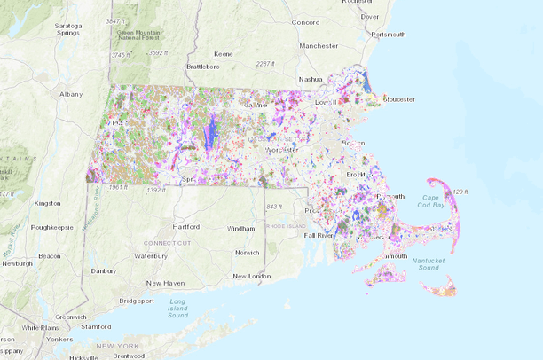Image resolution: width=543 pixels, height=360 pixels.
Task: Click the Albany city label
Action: pos(70,93)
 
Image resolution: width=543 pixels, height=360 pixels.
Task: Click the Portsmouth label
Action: pos(389,35)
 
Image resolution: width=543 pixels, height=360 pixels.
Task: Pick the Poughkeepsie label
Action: pos(56,226)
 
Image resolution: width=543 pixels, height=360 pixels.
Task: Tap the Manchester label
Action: pos(319,45)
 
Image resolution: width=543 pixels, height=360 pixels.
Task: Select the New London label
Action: pos(250,276)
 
